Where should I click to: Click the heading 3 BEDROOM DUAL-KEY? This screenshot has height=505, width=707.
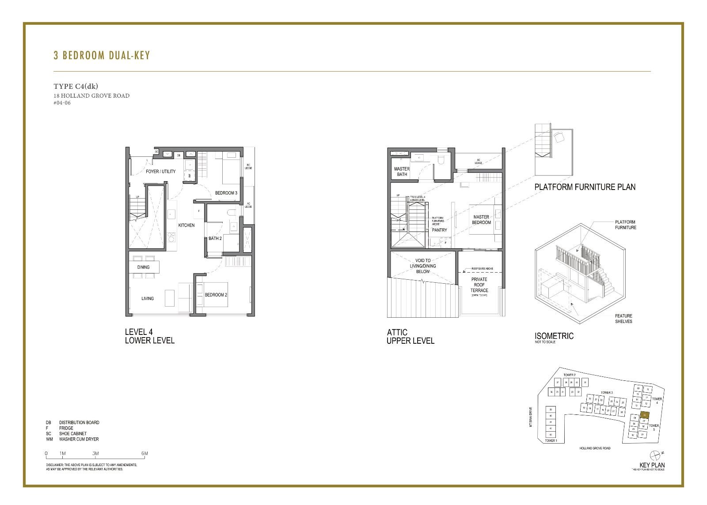pyautogui.click(x=102, y=55)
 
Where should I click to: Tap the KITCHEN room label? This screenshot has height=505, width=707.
pyautogui.click(x=186, y=225)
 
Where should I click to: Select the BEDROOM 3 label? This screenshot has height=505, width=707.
pyautogui.click(x=226, y=193)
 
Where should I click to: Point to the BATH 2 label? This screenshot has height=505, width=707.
pyautogui.click(x=215, y=239)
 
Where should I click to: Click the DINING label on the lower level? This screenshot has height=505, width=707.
pyautogui.click(x=143, y=267)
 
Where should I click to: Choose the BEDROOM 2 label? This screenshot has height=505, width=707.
pyautogui.click(x=216, y=295)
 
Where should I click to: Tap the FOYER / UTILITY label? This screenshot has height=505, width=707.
pyautogui.click(x=160, y=171)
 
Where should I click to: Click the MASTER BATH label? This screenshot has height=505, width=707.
pyautogui.click(x=402, y=171)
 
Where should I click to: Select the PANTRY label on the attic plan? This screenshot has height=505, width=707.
pyautogui.click(x=439, y=230)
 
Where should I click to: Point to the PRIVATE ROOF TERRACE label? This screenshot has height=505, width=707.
pyautogui.click(x=479, y=285)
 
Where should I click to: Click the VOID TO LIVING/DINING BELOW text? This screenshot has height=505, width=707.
pyautogui.click(x=422, y=266)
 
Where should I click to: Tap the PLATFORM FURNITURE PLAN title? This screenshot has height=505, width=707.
pyautogui.click(x=585, y=187)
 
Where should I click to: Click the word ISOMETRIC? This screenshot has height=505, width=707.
pyautogui.click(x=554, y=336)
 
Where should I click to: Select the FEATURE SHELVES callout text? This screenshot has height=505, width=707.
pyautogui.click(x=623, y=319)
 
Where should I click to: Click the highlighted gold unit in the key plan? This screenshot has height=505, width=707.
pyautogui.click(x=646, y=415)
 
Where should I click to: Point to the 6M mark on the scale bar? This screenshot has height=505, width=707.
pyautogui.click(x=144, y=454)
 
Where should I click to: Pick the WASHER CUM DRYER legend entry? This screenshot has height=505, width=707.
pyautogui.click(x=79, y=439)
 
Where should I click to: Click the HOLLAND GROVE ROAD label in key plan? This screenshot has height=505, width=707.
pyautogui.click(x=595, y=448)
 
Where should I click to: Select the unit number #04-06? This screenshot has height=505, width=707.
pyautogui.click(x=62, y=103)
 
